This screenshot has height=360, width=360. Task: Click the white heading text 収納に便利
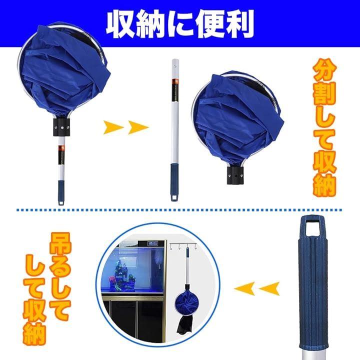pos(180,23)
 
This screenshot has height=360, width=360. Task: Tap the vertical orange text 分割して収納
pos(324,127)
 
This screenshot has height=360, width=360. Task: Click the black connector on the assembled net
pos(61,127)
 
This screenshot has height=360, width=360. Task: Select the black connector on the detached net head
pos(235,175)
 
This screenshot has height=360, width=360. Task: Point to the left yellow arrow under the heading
pos(113,127)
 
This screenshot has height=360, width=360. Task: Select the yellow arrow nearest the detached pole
pos(138,127)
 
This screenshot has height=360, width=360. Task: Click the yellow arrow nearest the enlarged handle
pos(269,288)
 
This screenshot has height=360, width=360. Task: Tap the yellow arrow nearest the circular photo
pos(244,288)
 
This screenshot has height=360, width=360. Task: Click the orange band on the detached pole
pos(175,81)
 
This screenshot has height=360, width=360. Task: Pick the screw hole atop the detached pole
pos(175,65)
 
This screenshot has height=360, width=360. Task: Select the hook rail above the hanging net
pos(183,244)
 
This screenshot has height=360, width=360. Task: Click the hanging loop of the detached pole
pos(174,198)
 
